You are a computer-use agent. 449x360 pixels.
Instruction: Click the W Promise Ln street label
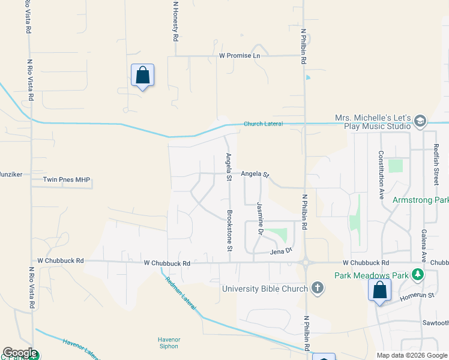(240, 55)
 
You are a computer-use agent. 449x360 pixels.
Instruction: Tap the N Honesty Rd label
(175, 21)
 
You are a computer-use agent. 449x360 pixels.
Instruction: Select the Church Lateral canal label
(262, 124)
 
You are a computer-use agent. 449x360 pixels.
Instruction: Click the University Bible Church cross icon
(318, 289)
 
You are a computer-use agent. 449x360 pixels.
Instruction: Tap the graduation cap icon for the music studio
(420, 122)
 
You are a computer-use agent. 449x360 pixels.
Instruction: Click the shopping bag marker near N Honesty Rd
(142, 76)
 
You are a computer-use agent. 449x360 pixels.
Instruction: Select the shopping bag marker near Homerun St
(379, 291)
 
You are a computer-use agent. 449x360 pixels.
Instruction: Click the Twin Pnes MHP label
(66, 179)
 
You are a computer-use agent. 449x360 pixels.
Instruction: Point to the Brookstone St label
(229, 230)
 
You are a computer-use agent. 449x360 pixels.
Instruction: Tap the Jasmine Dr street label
(261, 217)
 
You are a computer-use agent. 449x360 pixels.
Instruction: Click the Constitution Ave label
(381, 174)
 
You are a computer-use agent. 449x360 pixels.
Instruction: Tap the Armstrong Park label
(420, 200)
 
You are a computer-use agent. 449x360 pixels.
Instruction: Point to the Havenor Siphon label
(169, 343)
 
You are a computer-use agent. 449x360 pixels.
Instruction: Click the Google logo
(20, 353)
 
